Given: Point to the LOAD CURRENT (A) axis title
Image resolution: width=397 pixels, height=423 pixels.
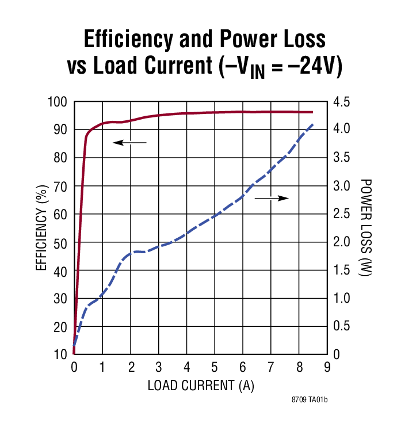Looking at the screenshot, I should click(x=201, y=385).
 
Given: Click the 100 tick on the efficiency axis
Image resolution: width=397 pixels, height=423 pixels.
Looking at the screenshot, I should click(x=58, y=102).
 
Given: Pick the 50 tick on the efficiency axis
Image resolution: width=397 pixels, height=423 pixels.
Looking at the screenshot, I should click(x=61, y=243).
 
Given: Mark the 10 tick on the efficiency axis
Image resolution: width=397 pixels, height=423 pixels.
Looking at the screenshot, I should click(x=61, y=355).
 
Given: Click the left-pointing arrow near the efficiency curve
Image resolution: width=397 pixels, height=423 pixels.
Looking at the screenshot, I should click(x=129, y=142).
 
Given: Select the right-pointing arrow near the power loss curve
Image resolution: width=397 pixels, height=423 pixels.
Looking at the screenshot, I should click(x=272, y=198).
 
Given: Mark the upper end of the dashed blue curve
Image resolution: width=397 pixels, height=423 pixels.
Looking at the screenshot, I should click(x=312, y=124).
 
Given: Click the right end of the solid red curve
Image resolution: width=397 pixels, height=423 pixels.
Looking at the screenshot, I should click(x=312, y=112).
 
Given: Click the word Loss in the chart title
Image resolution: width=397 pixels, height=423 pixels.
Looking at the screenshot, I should click(x=297, y=39).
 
